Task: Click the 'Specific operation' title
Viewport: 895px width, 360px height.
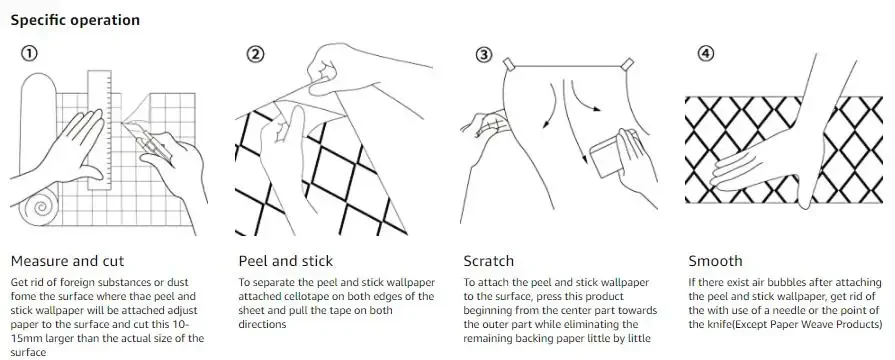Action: [x=75, y=20]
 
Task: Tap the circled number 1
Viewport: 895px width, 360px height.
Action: [x=29, y=54]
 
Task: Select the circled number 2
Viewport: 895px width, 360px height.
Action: [x=255, y=54]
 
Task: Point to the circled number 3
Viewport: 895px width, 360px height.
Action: [x=483, y=54]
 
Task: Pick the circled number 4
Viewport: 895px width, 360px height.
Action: [x=706, y=54]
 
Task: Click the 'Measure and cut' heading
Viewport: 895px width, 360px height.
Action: [x=67, y=261]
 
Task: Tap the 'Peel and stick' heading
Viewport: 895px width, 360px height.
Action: [x=285, y=261]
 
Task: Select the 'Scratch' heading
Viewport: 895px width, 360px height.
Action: [x=489, y=261]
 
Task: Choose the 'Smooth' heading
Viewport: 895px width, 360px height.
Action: [x=715, y=261]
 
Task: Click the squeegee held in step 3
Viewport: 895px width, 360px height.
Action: [x=606, y=153]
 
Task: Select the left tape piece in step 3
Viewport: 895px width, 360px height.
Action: [x=509, y=64]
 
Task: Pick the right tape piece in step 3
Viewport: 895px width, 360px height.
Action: [x=627, y=64]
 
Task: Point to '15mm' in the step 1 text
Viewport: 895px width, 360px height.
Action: [x=23, y=338]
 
